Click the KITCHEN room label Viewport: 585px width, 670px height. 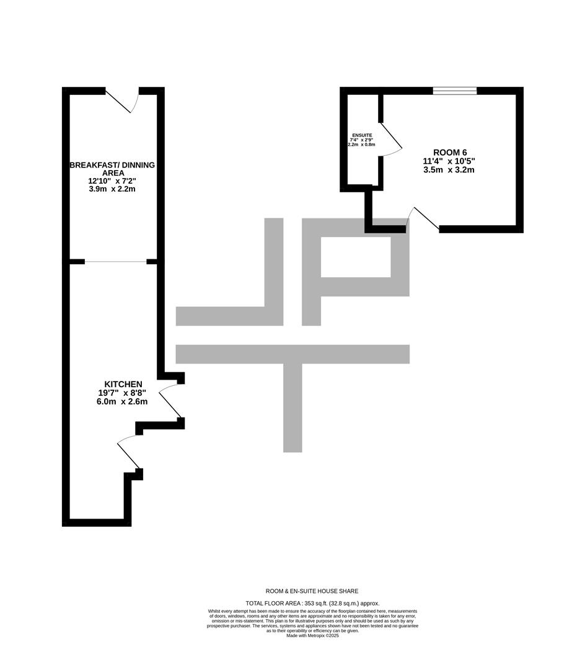click(x=123, y=384)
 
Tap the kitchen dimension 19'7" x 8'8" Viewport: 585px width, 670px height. click(x=122, y=393)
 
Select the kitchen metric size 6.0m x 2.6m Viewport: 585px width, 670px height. click(x=122, y=401)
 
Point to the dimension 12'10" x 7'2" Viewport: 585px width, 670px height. click(x=112, y=181)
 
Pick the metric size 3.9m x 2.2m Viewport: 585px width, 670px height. click(x=112, y=189)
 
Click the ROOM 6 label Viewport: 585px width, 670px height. click(x=450, y=153)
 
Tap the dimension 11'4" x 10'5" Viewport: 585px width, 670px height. click(x=449, y=161)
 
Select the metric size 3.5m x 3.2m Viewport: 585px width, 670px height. click(x=449, y=170)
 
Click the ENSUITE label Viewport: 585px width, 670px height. click(x=362, y=135)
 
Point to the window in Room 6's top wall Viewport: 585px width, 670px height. click(x=455, y=91)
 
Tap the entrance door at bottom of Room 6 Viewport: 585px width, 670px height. click(x=423, y=220)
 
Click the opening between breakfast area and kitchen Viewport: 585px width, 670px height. click(x=116, y=262)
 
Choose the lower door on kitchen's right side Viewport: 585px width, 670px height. click(x=129, y=452)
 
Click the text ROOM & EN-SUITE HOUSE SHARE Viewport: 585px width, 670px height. click(x=312, y=591)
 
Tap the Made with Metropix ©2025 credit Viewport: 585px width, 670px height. click(x=312, y=635)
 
